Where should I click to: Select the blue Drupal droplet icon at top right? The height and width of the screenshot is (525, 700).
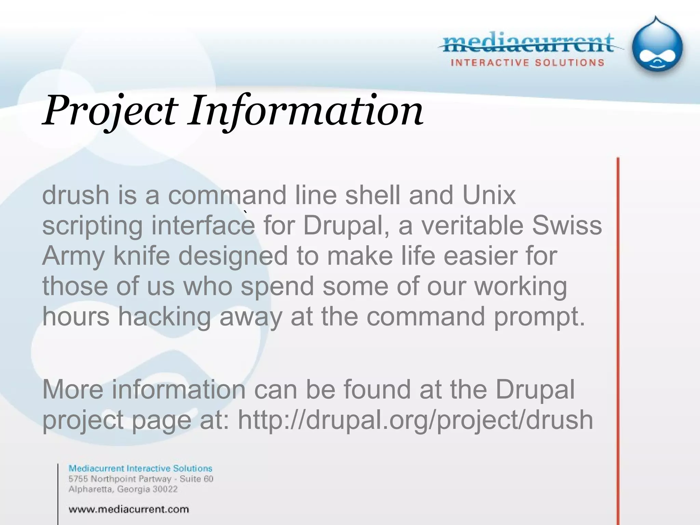[x=657, y=46]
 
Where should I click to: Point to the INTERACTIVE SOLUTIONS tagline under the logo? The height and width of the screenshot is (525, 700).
[x=527, y=63]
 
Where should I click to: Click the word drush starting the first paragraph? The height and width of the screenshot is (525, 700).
[x=75, y=196]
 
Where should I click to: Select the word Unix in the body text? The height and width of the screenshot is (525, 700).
[x=489, y=196]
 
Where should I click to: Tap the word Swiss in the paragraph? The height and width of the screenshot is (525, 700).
[x=567, y=226]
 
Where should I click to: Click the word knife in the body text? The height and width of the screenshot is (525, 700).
[x=142, y=256]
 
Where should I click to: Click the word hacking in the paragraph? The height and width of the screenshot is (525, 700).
[x=164, y=317]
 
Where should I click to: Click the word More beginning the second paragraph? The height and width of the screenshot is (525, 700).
[x=72, y=390]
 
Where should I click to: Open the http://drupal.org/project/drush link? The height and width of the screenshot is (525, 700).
[x=415, y=420]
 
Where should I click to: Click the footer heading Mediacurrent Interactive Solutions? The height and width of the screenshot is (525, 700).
[x=140, y=469]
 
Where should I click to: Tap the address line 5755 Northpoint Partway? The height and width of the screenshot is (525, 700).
[x=141, y=479]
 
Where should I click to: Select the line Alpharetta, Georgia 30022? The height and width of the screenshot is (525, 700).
[x=123, y=489]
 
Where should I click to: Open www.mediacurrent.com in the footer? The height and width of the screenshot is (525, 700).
[x=129, y=510]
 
